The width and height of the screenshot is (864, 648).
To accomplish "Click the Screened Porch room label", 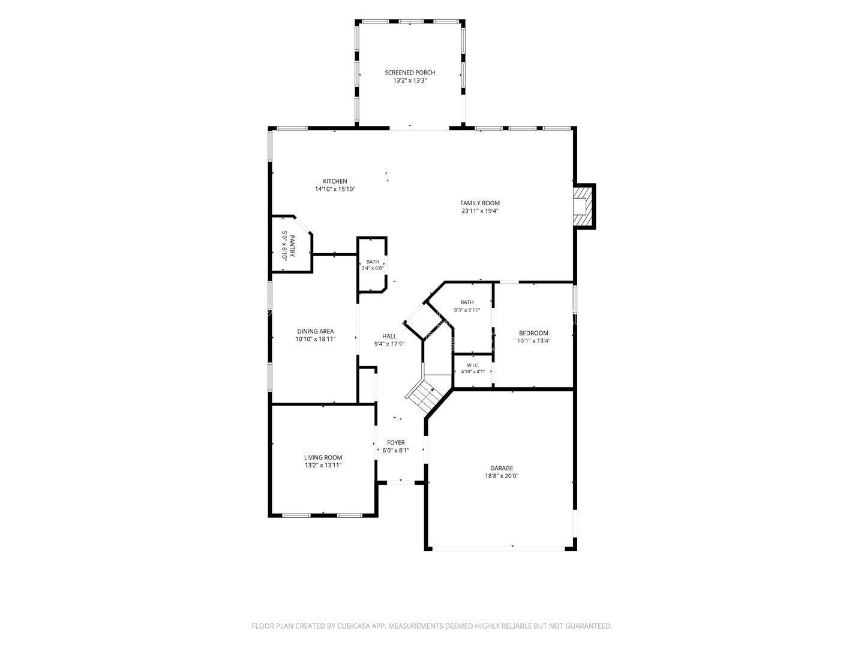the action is [410, 73].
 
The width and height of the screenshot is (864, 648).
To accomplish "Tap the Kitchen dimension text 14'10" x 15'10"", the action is [335, 189].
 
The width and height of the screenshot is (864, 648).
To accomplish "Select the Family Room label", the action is [480, 203].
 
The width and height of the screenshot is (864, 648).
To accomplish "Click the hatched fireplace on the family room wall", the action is [583, 206].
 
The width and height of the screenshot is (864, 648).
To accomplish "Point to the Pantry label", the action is [292, 246].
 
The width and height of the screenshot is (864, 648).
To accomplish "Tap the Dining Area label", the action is [315, 331].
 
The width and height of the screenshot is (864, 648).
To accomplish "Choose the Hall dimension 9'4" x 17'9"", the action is [389, 344].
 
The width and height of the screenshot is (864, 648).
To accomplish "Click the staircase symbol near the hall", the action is [428, 395].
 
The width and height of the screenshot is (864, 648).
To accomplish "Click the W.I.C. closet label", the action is [473, 365].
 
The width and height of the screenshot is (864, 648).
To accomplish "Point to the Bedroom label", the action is [533, 333].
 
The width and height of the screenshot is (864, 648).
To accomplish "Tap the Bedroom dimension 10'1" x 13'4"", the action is [533, 341].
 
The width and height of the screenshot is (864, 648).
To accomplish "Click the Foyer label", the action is [395, 443].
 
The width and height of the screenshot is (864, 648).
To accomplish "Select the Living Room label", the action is [323, 457].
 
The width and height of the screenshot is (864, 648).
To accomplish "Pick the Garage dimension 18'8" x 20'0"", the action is [502, 476].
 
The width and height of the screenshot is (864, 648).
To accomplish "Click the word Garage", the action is [502, 468].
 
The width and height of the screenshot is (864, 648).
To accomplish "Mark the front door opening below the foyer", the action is [401, 482].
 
